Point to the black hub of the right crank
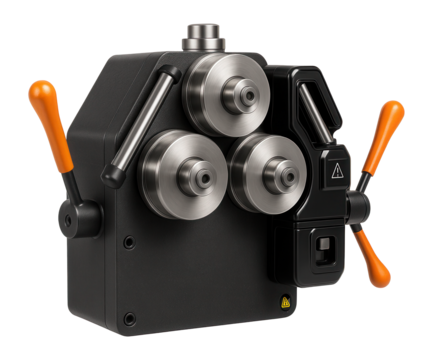pyautogui.click(x=356, y=207)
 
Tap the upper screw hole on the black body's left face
pyautogui.click(x=128, y=241)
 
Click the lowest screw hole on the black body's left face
pyautogui.click(x=128, y=319)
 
